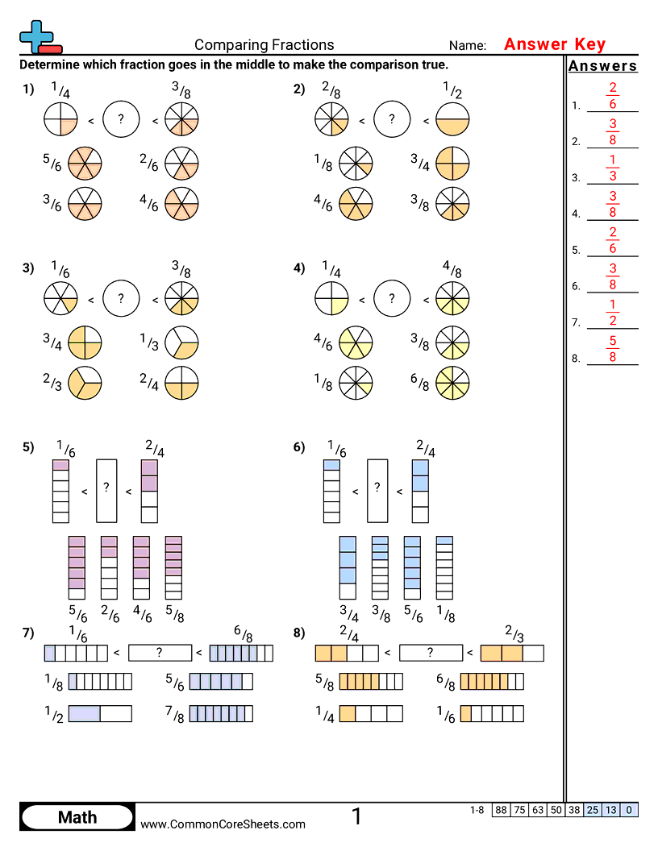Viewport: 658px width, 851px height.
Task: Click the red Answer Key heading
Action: (x=555, y=44)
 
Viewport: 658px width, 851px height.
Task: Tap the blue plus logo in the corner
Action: (x=37, y=36)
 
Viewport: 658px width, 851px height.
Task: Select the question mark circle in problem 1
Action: (x=121, y=120)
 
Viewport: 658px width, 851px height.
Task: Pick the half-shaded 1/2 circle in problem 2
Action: (x=452, y=120)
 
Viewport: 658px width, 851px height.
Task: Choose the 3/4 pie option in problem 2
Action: (x=452, y=164)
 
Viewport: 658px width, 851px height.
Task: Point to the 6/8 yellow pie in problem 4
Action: (x=452, y=383)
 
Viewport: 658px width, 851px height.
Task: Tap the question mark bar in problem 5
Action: (x=106, y=490)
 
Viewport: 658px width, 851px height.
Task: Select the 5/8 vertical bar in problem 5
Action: (x=173, y=567)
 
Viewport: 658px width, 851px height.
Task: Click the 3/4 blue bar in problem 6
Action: (x=348, y=567)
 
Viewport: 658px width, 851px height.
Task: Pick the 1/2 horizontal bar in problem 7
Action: (x=100, y=713)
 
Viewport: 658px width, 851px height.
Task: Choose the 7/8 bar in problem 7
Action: (x=221, y=713)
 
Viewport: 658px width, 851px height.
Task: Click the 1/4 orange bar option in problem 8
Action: (x=370, y=713)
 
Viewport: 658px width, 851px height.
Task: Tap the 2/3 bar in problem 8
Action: (x=512, y=653)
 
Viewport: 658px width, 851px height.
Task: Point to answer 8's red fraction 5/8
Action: (x=613, y=349)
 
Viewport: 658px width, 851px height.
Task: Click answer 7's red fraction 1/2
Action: (x=613, y=313)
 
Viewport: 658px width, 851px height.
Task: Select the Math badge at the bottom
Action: (x=77, y=817)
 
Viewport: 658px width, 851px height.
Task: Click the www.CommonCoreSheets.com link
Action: (x=223, y=824)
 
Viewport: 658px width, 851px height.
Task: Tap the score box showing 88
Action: (x=501, y=810)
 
